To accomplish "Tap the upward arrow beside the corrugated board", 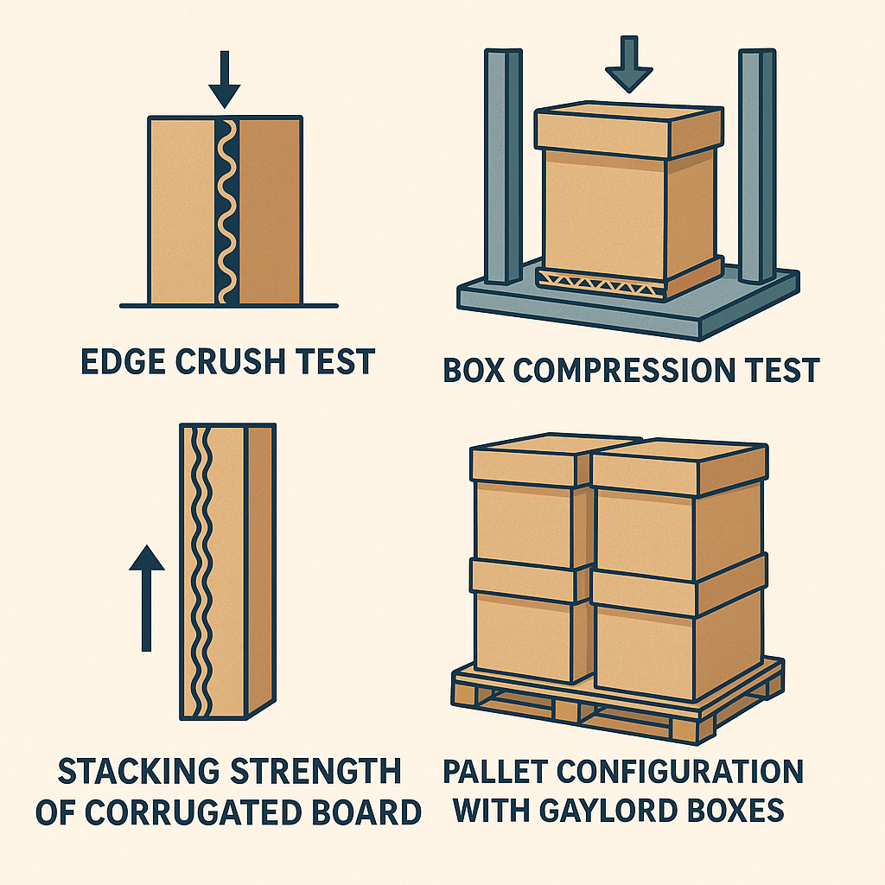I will [146, 596].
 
